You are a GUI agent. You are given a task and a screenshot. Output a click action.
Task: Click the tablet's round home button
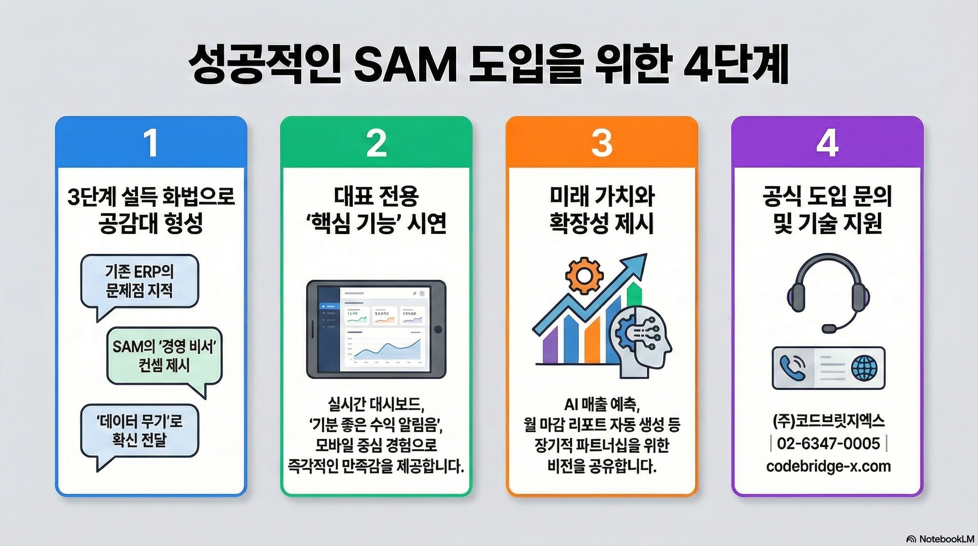438,329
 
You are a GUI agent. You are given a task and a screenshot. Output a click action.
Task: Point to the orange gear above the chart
584,274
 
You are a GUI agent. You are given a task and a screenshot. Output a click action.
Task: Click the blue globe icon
865,368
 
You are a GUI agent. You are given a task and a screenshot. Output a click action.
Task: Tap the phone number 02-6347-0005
828,443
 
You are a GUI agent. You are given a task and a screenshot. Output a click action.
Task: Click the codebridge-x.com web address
828,466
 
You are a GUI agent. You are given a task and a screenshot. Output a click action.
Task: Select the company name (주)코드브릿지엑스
828,421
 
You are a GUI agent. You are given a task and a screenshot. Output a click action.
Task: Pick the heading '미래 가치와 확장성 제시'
602,210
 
